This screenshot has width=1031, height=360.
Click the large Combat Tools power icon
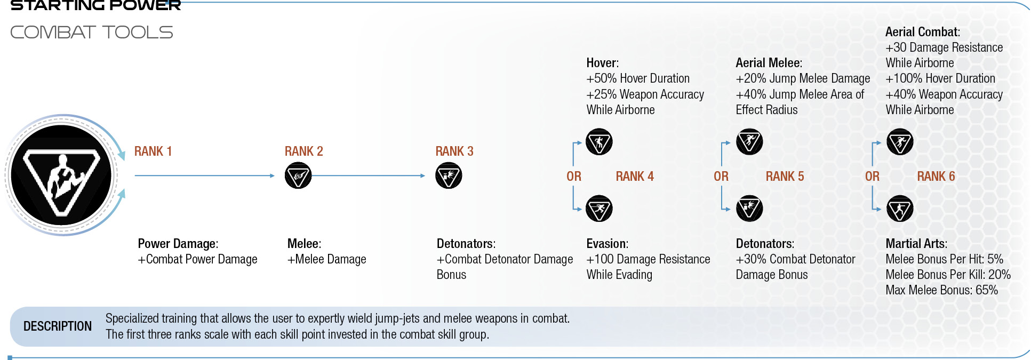coord(62,175)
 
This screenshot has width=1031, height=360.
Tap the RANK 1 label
coord(153,151)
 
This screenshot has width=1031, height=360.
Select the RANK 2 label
coord(303,151)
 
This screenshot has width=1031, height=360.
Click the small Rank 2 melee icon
coord(298,175)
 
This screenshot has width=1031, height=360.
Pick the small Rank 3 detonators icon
coord(449,175)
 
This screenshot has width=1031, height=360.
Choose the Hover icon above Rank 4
coord(599,142)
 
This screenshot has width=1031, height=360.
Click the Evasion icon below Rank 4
coord(599,209)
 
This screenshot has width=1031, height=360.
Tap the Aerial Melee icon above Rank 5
coord(749,142)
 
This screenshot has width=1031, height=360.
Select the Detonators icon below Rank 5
coord(749,209)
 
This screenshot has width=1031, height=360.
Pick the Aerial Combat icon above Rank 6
coord(900,142)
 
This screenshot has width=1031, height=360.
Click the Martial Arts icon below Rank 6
coord(900,209)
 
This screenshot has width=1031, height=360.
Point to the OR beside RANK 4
coord(574,177)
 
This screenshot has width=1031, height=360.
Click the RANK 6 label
coord(936,177)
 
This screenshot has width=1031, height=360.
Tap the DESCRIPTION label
coord(58,326)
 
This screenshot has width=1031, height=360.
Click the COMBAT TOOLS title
coord(92,33)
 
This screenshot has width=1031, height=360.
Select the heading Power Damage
coord(178,244)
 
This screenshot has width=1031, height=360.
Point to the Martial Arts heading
coord(916,244)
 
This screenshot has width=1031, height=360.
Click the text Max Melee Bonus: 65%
coord(941,290)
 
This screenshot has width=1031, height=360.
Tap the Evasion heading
coord(608,244)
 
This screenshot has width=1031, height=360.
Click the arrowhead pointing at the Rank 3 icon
coord(422,175)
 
